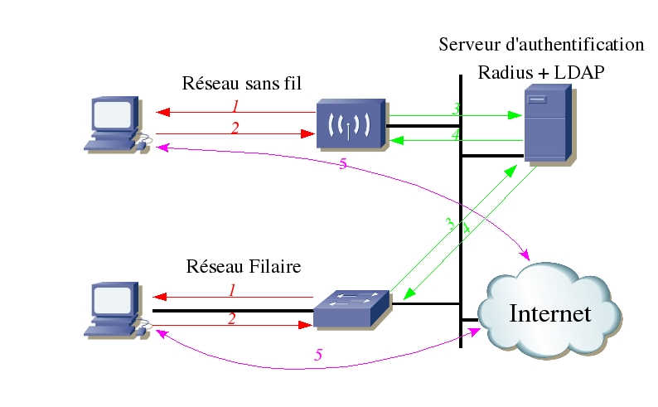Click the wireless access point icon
[350, 125]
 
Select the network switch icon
[351, 308]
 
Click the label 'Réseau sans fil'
[241, 84]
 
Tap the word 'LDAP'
[579, 73]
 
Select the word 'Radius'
[504, 73]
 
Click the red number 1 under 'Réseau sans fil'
[235, 106]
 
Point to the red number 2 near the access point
[235, 128]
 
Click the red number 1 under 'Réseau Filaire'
[233, 290]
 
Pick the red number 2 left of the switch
[232, 318]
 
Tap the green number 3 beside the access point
[455, 109]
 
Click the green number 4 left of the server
[455, 134]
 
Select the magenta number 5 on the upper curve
[343, 164]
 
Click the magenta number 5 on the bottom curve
[318, 355]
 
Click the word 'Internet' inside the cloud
[550, 314]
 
